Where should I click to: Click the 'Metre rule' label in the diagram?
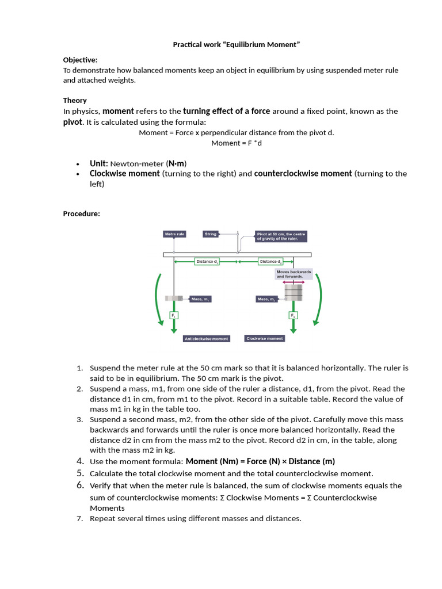tap(174, 234)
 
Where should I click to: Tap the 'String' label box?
tap(211, 234)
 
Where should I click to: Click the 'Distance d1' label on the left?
tap(207, 261)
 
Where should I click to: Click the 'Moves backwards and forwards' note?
tap(294, 274)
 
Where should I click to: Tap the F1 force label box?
tap(174, 315)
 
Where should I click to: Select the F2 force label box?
tap(294, 315)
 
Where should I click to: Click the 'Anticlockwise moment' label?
tap(206, 339)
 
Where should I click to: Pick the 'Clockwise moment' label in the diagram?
tap(265, 339)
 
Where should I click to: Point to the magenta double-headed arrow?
tap(294, 282)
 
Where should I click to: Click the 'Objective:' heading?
tap(80, 60)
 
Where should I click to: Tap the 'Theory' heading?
tap(75, 100)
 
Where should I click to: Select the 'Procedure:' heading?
tap(81, 214)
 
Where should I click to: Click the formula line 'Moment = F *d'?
tap(237, 143)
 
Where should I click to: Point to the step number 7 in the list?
tap(80, 519)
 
